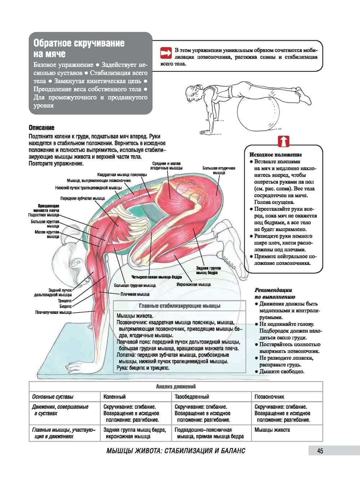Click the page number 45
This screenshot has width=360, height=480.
point(320,450)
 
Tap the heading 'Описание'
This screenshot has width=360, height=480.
point(41,128)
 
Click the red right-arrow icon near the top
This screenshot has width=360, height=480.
point(166,53)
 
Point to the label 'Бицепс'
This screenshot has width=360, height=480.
point(65,306)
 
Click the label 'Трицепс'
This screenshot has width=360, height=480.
point(65,300)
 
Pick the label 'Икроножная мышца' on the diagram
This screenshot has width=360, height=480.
point(193,284)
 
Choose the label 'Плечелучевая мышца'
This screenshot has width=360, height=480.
point(53,312)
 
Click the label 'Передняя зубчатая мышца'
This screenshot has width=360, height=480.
point(82,198)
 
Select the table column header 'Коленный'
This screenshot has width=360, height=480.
point(114,396)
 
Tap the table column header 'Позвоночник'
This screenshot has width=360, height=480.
point(269,396)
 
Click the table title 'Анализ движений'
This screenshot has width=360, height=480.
point(176,386)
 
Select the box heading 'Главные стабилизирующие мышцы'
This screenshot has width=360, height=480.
point(180,306)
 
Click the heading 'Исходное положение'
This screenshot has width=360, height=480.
point(276,154)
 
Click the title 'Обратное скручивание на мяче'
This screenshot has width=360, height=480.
point(79,48)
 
